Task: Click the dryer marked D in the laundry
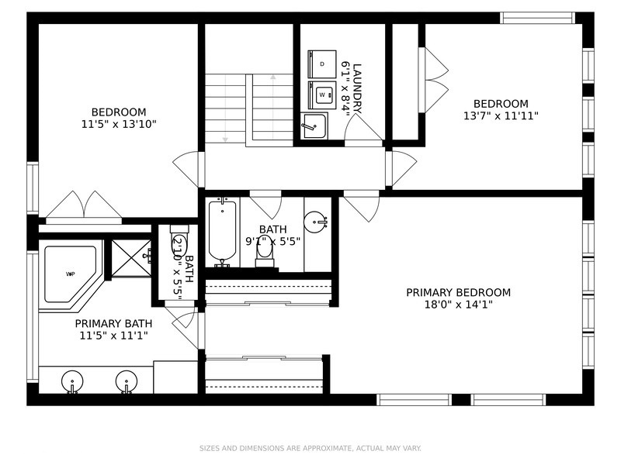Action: [322, 64]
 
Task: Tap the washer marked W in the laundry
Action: [322, 95]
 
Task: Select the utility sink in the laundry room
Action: [314, 126]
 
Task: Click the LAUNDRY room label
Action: [357, 88]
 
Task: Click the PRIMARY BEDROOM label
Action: [458, 293]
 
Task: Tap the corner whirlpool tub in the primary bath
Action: [71, 275]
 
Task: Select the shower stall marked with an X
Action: [131, 258]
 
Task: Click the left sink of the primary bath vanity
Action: [72, 382]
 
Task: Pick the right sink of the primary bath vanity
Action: [127, 382]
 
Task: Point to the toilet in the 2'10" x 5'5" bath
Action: [179, 242]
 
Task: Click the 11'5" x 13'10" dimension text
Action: [119, 124]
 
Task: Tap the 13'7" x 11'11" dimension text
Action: [501, 115]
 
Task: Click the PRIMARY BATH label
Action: [113, 323]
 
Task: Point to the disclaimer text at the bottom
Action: [310, 448]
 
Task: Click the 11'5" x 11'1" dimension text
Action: [113, 336]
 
